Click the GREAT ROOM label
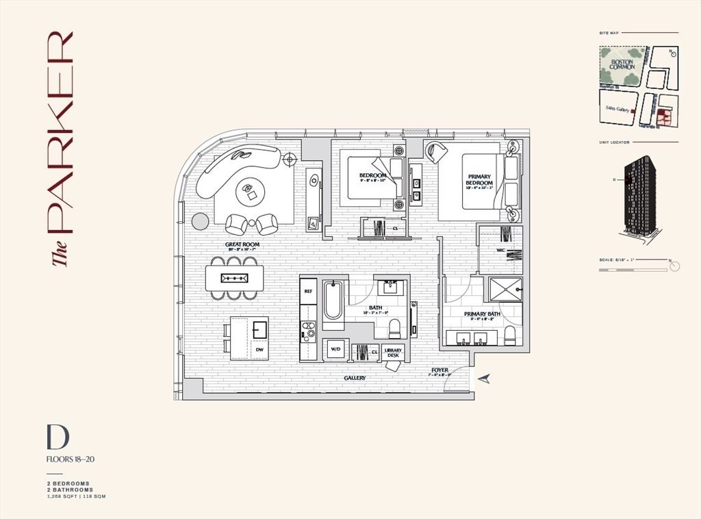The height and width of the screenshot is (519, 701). point(242,244)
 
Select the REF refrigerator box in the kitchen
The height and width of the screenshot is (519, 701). point(308,291)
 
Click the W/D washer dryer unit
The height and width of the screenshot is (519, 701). point(336,350)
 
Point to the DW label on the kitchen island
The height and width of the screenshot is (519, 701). point(259,350)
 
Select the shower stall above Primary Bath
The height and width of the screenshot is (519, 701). point(505,290)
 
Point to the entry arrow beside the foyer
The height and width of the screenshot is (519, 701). point(485,379)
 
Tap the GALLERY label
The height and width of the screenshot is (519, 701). point(355,378)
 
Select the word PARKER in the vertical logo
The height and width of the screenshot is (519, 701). point(60,130)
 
